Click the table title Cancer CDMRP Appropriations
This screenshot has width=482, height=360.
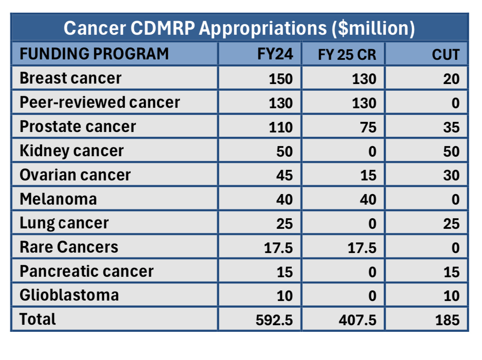coord(239,28)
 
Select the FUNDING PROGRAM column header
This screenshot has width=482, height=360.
coord(94,54)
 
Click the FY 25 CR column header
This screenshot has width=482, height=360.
coord(347,55)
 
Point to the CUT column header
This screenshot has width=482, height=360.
coord(445,55)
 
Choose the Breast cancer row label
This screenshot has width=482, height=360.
coord(70,78)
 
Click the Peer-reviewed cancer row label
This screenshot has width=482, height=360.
coord(100,103)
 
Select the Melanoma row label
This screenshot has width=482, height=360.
coord(58,199)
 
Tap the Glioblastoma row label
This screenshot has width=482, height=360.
coord(69,295)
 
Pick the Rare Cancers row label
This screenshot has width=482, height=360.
coord(69,247)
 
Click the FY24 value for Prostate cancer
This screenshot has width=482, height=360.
coord(280,127)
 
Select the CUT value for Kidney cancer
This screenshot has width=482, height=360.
coord(451,151)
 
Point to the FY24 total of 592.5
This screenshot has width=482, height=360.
coord(274,320)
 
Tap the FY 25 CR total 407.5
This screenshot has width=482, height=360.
coord(357,320)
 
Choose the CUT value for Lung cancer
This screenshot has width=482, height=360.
coord(451,224)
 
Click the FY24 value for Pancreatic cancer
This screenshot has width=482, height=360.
coord(284,272)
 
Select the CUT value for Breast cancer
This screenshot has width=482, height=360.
coord(451,79)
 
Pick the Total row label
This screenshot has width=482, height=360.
coord(38,319)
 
